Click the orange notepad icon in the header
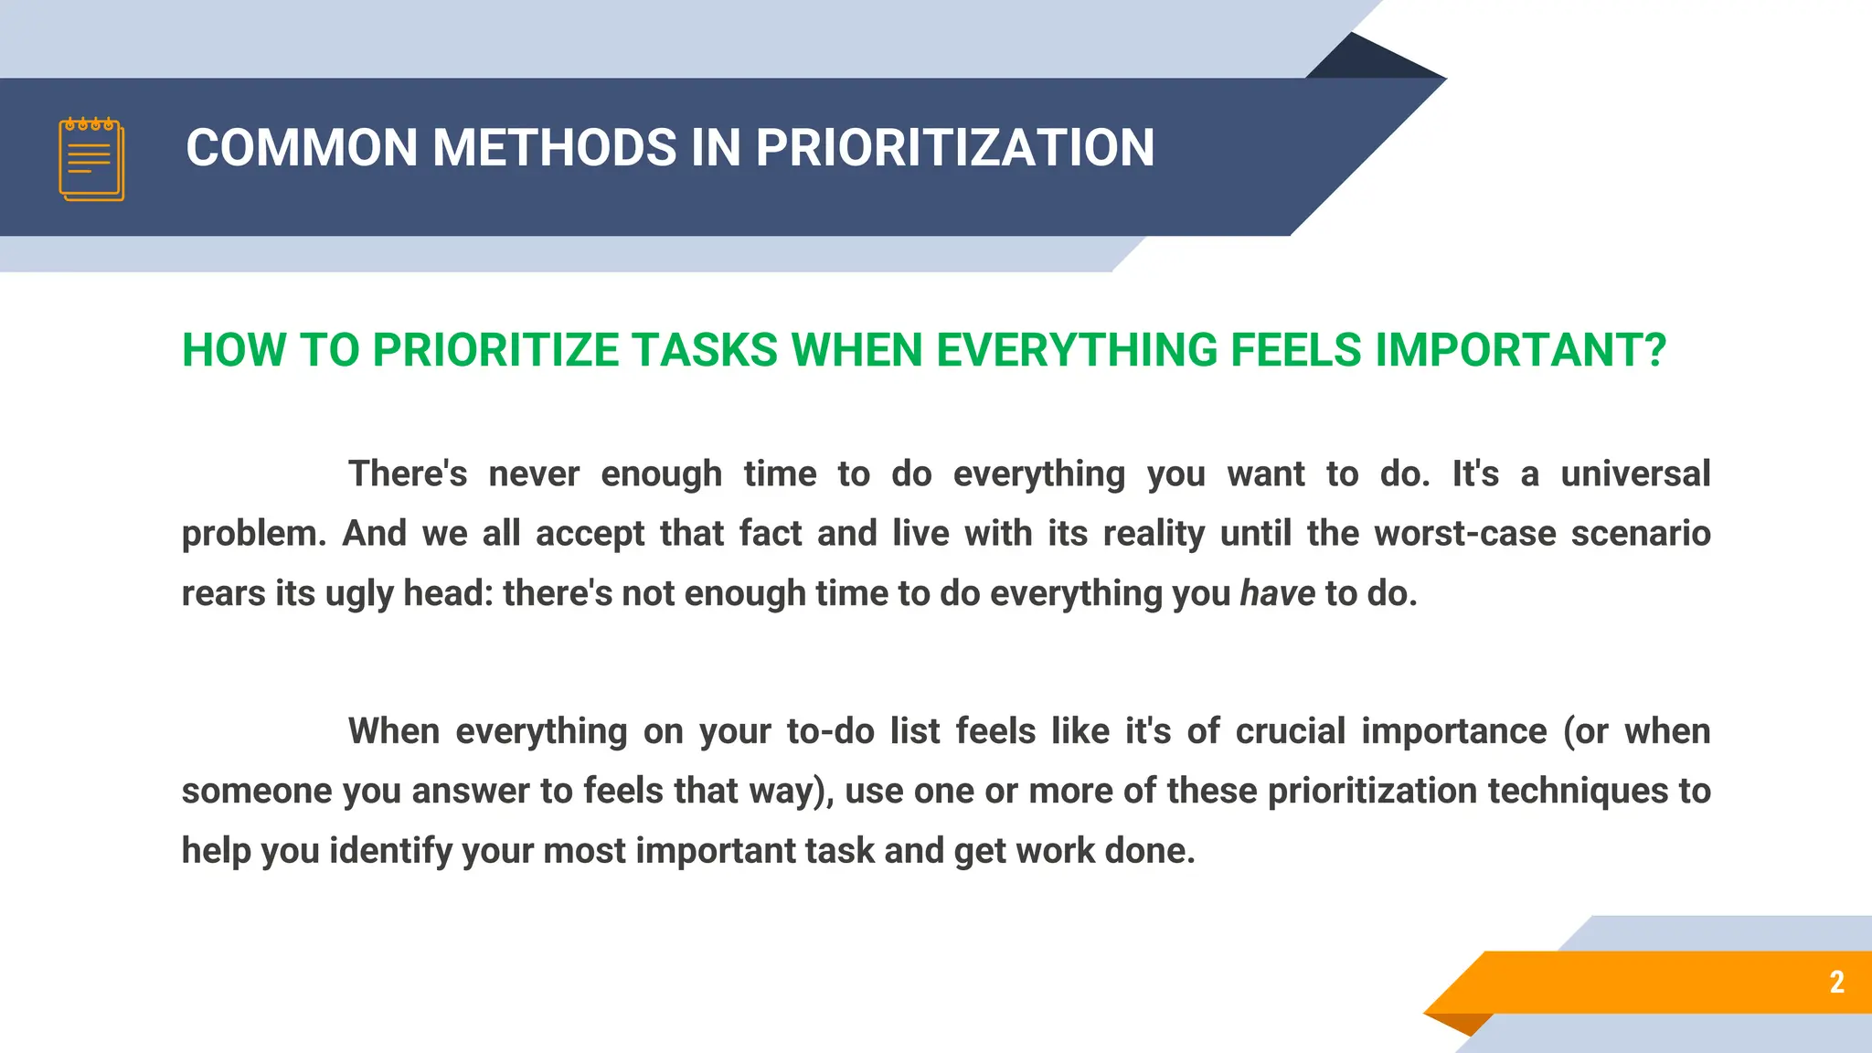click(91, 159)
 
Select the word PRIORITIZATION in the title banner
click(954, 148)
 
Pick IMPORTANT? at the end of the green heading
click(1520, 351)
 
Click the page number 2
click(1836, 982)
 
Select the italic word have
click(1277, 594)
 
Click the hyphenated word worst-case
click(1464, 534)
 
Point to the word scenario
click(1640, 534)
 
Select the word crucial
click(1290, 732)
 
